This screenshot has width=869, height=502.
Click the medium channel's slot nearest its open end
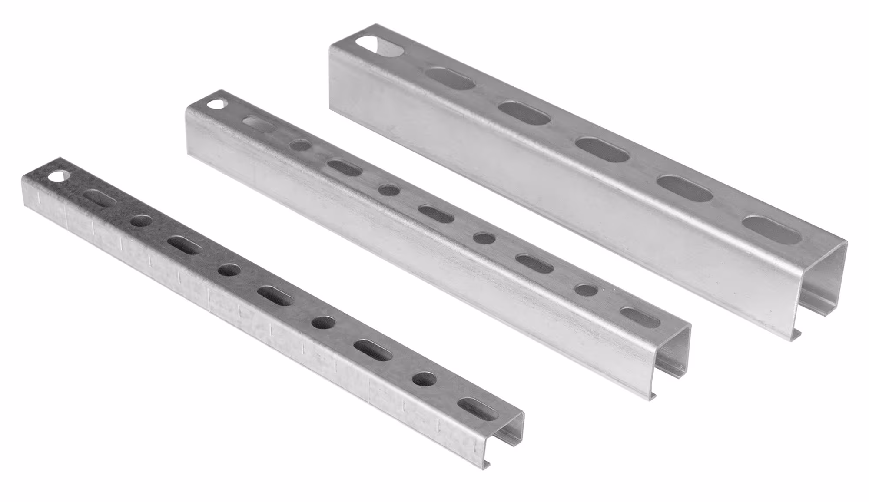[640, 317]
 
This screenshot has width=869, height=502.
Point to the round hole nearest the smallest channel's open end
[425, 379]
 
